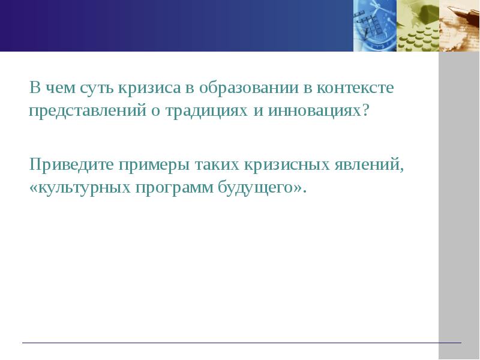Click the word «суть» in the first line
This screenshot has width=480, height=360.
click(x=86, y=89)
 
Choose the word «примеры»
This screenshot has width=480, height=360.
click(x=152, y=164)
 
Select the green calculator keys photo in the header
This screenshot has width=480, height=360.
click(x=418, y=25)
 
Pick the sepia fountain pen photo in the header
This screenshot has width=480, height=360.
click(x=460, y=25)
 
